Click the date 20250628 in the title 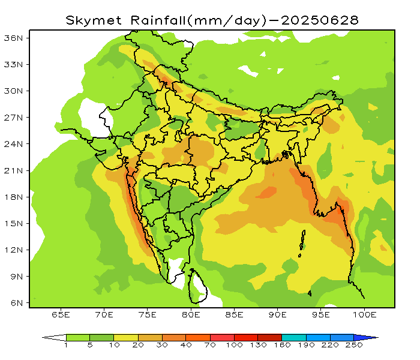click(x=320, y=20)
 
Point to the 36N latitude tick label click(x=14, y=38)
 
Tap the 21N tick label click(x=14, y=170)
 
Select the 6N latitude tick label click(x=16, y=303)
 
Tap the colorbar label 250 click(x=354, y=346)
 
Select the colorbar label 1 click(x=66, y=346)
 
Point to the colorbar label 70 click(x=210, y=346)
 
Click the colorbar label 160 click(x=282, y=346)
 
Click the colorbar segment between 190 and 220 click(x=318, y=337)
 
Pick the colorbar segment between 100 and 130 click(x=246, y=337)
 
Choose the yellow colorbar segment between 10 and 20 click(x=126, y=337)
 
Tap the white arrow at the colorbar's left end click(x=54, y=337)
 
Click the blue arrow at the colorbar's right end click(x=366, y=337)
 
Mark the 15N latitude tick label click(x=14, y=223)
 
